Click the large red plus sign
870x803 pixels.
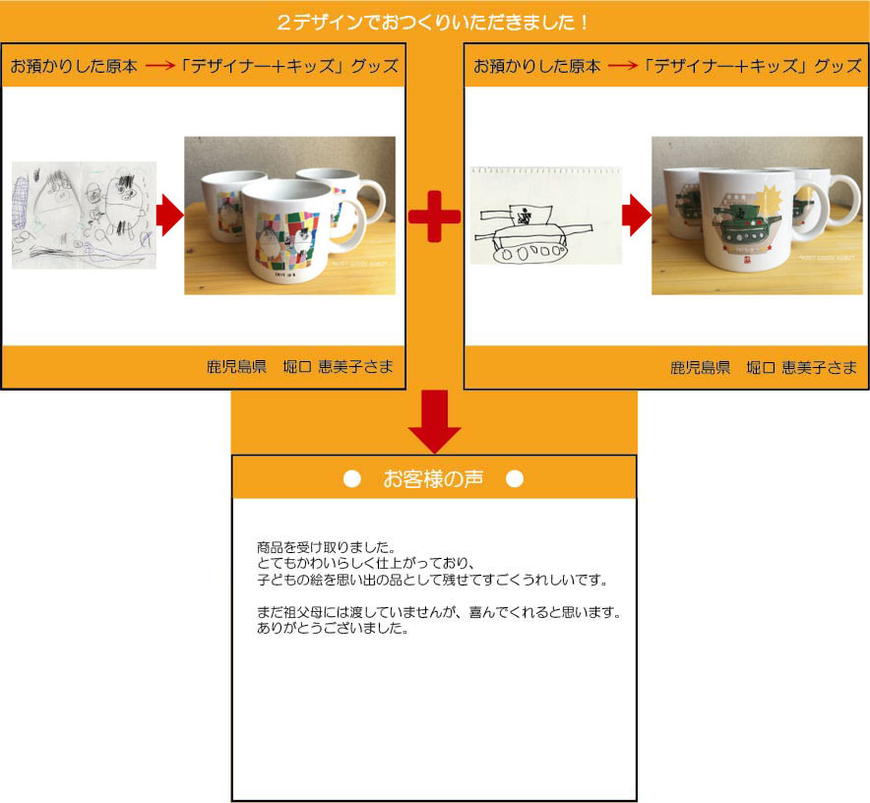434,216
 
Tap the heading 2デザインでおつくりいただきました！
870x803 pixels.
433,23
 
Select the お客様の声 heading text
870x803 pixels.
433,478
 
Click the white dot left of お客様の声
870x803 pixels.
351,478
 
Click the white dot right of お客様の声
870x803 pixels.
515,478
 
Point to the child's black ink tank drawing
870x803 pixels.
532,234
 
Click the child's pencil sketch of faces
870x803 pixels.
84,216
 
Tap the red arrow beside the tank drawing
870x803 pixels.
637,216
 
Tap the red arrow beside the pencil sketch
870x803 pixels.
170,216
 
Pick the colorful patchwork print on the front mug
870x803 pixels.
286,239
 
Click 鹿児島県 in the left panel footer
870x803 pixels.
237,367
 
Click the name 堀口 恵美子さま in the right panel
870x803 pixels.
802,367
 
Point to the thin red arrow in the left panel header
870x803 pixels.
160,66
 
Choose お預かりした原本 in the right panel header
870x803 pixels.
537,66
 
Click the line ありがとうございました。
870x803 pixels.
333,628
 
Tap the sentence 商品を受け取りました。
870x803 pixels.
327,547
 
